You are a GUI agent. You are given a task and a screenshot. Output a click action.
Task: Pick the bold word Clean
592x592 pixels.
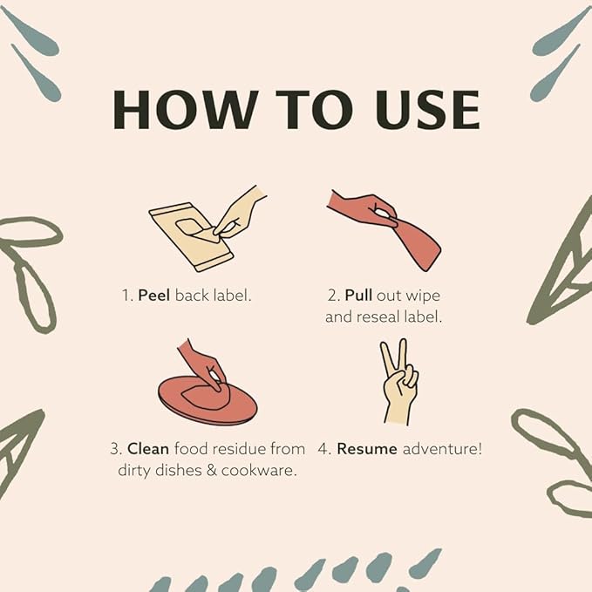point(148,449)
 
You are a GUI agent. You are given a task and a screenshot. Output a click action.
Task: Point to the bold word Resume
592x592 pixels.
point(367,449)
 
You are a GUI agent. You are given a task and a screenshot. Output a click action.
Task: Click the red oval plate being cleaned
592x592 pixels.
point(207,400)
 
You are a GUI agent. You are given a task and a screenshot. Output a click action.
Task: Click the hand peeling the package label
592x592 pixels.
point(241,210)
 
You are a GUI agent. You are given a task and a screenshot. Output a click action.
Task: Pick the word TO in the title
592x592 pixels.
point(303,110)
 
